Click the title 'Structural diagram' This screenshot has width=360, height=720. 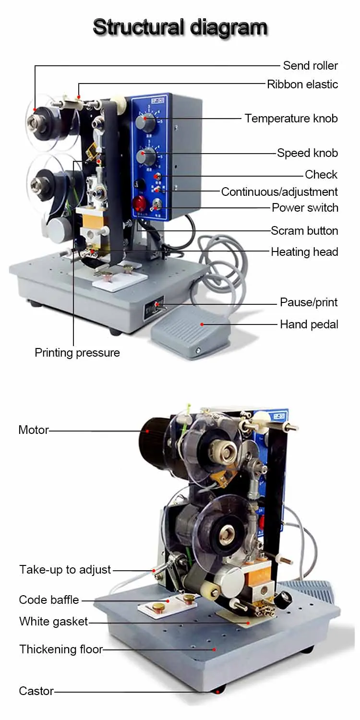click(x=180, y=27)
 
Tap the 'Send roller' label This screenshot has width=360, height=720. click(x=310, y=66)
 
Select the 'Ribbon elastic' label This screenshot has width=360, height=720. click(x=302, y=84)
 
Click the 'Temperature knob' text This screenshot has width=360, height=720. click(x=291, y=118)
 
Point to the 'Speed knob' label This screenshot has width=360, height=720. click(x=307, y=153)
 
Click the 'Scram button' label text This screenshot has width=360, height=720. click(x=304, y=230)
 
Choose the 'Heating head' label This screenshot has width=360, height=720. click(x=304, y=252)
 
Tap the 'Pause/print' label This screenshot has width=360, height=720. click(x=309, y=302)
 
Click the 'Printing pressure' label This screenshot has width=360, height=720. click(x=77, y=353)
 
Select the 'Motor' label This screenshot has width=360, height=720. click(x=34, y=430)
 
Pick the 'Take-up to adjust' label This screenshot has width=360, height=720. click(x=65, y=569)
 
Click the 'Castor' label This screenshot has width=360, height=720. click(x=36, y=691)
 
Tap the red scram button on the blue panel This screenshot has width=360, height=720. click(x=140, y=204)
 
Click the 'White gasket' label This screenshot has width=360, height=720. click(x=53, y=621)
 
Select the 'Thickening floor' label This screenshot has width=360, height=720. click(x=61, y=649)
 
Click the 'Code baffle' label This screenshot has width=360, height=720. click(x=49, y=600)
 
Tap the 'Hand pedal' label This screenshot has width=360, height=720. click(x=309, y=324)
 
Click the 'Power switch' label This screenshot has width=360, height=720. click(x=305, y=208)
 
